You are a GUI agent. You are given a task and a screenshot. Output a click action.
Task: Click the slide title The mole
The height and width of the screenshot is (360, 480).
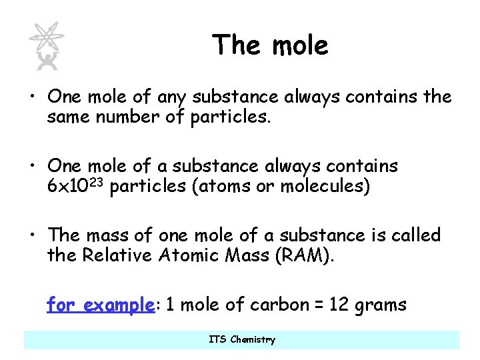(x=270, y=45)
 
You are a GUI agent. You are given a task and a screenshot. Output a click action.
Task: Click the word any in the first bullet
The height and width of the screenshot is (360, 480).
(x=173, y=97)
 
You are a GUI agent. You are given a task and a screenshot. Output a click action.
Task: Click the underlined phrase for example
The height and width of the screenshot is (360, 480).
(x=101, y=305)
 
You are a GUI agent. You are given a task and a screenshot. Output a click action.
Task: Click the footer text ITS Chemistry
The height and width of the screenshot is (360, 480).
(x=241, y=339)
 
